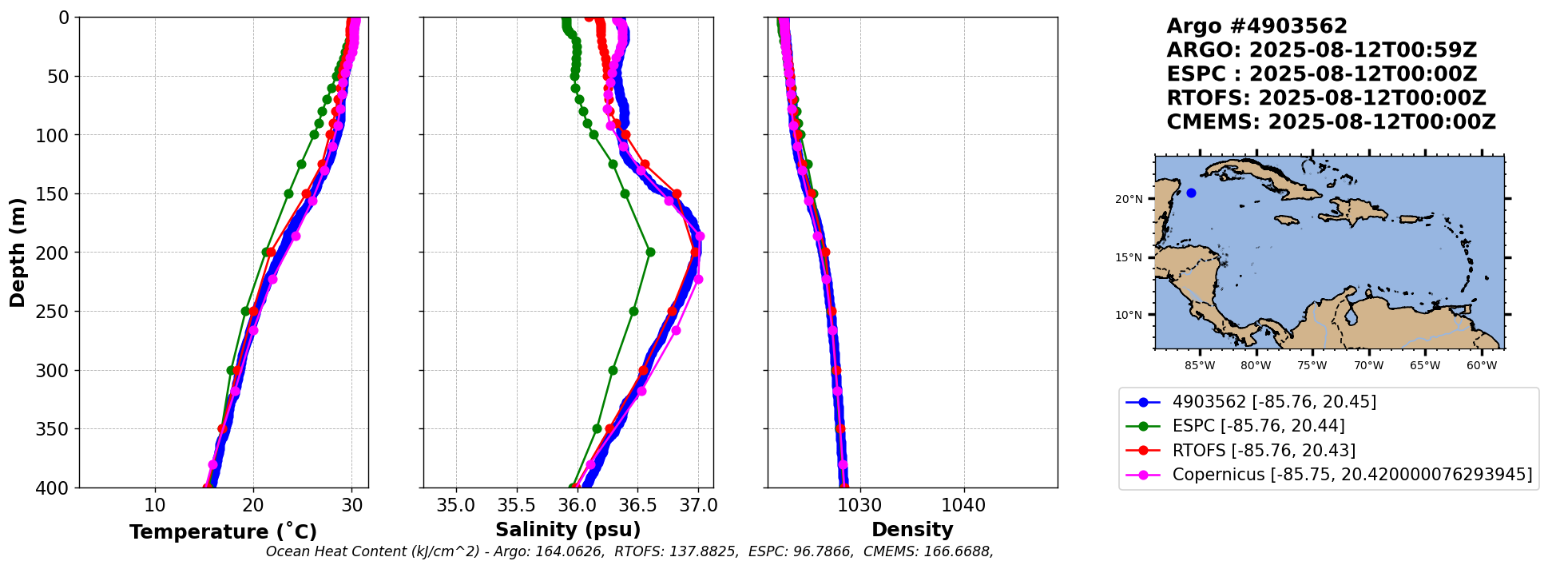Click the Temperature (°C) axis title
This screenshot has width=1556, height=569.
tap(223, 532)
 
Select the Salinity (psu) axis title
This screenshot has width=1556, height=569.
tap(568, 530)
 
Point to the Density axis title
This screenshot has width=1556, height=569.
tap(912, 530)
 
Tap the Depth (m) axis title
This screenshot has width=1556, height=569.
tap(18, 253)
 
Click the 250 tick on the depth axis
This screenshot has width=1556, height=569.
tap(58, 312)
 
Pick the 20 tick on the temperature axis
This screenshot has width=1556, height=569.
tap(253, 506)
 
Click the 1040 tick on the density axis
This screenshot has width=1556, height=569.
tap(964, 506)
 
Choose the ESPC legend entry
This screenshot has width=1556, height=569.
tap(1258, 426)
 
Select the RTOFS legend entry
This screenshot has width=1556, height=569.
tap(1264, 451)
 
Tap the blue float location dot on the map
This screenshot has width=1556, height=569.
tap(1191, 193)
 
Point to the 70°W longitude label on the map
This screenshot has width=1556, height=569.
tap(1368, 366)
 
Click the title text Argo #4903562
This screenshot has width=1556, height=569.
tap(1256, 26)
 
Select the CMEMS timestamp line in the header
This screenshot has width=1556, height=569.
tap(1331, 122)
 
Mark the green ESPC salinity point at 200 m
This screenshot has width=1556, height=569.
tap(650, 252)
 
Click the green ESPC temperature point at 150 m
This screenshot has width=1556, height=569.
tap(288, 193)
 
